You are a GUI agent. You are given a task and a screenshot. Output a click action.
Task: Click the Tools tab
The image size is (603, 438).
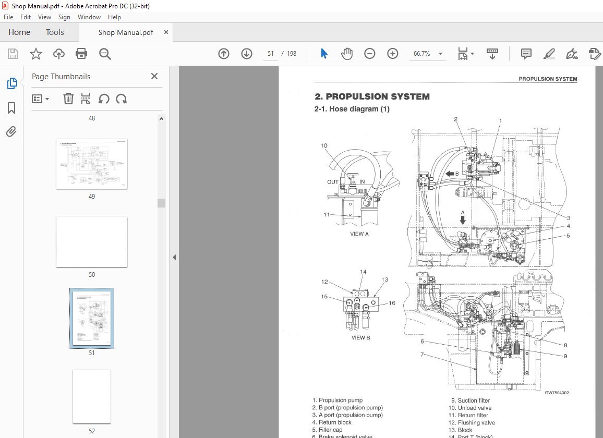(55, 32)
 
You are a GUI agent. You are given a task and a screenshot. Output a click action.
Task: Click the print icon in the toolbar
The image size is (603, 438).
(81, 54)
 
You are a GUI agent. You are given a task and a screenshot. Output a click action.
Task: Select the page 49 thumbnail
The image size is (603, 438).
(92, 164)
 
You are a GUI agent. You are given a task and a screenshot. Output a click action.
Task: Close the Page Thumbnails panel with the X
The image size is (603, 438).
(154, 76)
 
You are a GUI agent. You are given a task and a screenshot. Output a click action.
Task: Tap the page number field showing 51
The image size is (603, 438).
(271, 54)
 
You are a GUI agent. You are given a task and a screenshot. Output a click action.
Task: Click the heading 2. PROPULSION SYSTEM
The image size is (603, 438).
(372, 96)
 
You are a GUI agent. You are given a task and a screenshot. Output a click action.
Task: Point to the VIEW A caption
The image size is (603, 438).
(359, 234)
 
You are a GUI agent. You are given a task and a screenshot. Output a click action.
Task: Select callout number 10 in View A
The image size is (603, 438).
(324, 146)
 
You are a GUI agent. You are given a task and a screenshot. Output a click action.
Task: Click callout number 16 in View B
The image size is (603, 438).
(392, 303)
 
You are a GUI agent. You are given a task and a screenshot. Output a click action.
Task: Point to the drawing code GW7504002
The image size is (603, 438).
(557, 393)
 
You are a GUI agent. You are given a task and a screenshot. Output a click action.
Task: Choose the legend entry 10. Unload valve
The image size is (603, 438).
(471, 408)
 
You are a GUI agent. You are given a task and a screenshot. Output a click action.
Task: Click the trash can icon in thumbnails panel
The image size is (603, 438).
(68, 99)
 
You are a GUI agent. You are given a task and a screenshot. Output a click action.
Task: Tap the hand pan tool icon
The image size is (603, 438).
(347, 54)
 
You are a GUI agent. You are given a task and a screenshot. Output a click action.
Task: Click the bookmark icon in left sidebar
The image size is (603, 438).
(11, 108)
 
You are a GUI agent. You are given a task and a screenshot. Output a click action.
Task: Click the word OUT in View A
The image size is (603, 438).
(333, 181)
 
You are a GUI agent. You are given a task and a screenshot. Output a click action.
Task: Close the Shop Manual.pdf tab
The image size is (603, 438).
(166, 32)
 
